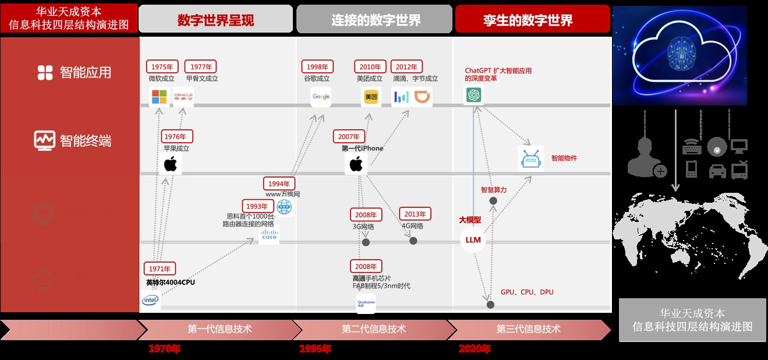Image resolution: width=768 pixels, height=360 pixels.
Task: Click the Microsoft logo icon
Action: tap(159, 97)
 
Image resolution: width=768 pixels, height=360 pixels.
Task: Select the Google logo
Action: tap(321, 97)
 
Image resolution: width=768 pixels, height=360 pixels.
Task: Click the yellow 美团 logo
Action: tap(371, 97)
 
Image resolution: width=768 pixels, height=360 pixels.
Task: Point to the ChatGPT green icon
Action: tap(473, 94)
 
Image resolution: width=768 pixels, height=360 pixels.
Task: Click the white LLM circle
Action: tap(473, 240)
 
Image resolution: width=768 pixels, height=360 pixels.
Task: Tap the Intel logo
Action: tap(151, 300)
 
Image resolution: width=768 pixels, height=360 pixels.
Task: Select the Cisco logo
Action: tap(269, 234)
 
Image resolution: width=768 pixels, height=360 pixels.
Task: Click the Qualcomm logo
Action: tap(366, 303)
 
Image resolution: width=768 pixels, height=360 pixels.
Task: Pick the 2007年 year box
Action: tap(349, 136)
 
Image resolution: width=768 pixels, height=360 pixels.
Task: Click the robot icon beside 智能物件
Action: tap(530, 158)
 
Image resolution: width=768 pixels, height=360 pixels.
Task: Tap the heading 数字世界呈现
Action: tap(215, 20)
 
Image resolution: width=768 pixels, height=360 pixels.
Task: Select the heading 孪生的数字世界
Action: tap(528, 20)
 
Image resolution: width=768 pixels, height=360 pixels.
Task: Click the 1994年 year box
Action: tap(279, 183)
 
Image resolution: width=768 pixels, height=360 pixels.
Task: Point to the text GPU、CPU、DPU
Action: tap(527, 292)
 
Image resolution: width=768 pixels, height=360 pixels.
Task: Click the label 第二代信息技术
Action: tap(374, 329)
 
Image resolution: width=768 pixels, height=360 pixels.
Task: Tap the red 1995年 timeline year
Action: tap(315, 349)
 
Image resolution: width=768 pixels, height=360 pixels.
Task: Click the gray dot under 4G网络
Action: tap(413, 241)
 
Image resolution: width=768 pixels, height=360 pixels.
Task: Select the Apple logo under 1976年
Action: tap(170, 164)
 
